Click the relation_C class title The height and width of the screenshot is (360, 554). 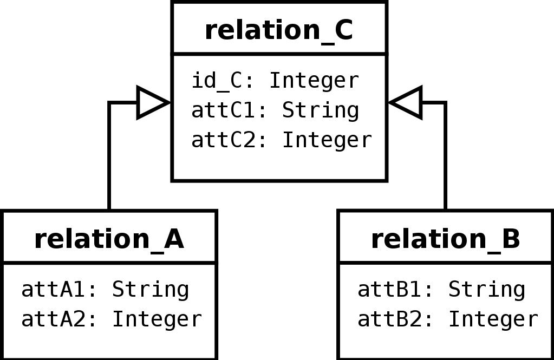[x=279, y=31]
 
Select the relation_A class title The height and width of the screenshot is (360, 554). [x=109, y=240]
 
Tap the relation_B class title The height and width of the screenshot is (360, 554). [x=446, y=240]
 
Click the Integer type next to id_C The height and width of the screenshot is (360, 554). [x=315, y=81]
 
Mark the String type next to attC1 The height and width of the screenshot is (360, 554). [x=321, y=111]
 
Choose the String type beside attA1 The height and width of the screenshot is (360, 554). [x=151, y=290]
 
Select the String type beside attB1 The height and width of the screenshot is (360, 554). [x=487, y=290]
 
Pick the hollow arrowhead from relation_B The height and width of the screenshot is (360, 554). [x=405, y=102]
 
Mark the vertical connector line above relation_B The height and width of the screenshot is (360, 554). [x=445, y=156]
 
